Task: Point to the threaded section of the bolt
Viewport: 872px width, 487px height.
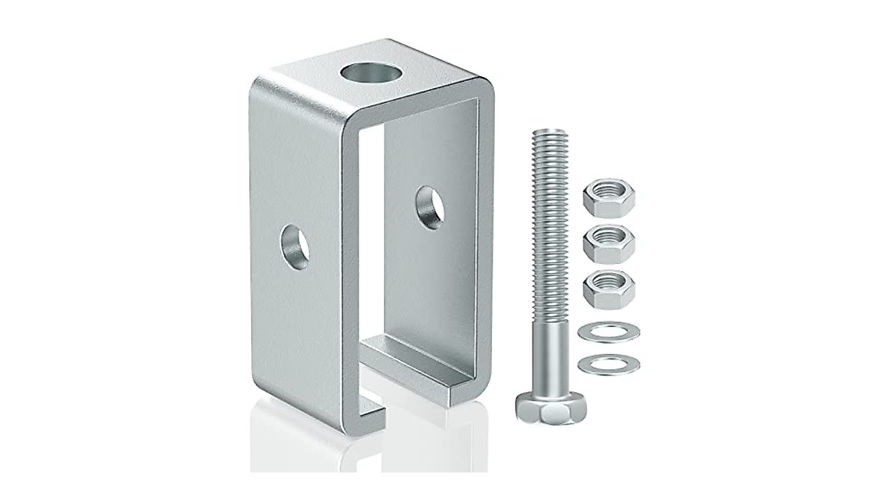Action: click(x=544, y=218)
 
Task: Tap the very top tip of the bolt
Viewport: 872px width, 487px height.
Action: click(x=545, y=132)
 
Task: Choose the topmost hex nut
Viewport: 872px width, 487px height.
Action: click(x=608, y=197)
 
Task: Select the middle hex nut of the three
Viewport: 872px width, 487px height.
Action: click(x=608, y=241)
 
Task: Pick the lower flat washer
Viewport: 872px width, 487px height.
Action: click(x=608, y=363)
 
